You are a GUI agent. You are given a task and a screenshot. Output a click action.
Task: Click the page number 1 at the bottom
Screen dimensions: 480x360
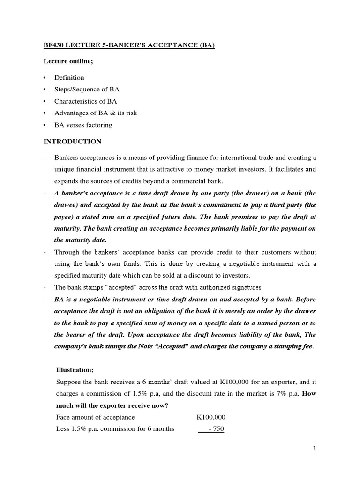(x=315, y=448)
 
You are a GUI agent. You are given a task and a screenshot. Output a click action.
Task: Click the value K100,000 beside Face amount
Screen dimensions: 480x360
(x=210, y=417)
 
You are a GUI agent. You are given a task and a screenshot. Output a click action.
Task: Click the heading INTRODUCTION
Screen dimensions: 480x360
(x=72, y=141)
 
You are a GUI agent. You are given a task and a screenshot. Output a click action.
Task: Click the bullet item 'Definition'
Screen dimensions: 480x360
(x=69, y=78)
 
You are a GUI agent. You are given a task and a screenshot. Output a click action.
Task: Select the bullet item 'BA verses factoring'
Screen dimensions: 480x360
(x=83, y=125)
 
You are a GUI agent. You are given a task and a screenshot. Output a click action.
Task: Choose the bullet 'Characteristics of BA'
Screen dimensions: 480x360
(x=86, y=101)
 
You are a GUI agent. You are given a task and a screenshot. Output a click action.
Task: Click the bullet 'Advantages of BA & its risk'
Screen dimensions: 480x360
(x=96, y=113)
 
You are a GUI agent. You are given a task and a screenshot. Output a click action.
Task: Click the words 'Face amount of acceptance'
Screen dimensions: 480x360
(x=95, y=417)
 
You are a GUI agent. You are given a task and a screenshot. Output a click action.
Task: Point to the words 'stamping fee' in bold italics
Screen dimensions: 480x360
(x=292, y=346)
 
